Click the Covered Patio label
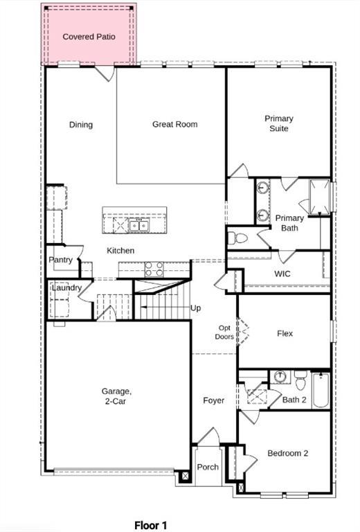89,36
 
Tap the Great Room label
175,125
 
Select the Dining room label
81,125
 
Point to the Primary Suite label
279,123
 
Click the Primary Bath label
289,223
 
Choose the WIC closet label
282,274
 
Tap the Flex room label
285,333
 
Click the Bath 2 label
294,400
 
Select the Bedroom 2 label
287,454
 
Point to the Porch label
208,468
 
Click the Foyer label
213,400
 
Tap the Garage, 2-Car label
116,397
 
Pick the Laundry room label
66,287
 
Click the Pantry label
61,260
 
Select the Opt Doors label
224,332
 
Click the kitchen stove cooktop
154,269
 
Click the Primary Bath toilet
237,238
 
